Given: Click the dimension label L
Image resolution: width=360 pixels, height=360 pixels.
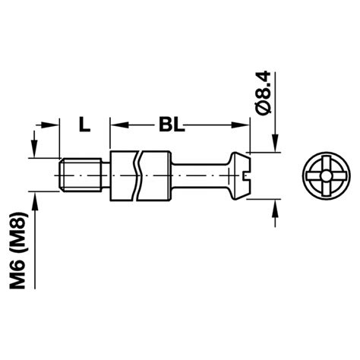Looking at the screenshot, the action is tap(84, 125).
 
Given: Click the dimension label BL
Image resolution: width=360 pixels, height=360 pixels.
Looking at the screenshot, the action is tap(172, 125).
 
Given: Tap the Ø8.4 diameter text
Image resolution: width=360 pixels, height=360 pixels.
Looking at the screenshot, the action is tap(262, 93).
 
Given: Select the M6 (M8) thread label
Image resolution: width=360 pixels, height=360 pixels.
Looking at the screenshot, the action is tap(17, 249).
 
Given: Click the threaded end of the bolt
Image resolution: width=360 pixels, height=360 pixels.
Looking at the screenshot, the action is tap(81, 175).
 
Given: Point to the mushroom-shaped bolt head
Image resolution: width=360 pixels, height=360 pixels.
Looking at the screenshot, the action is tap(239, 175).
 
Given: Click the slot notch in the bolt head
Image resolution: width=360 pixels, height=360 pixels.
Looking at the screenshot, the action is tap(246, 175).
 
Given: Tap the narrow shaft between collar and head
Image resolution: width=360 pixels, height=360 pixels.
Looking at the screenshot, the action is tap(200, 175).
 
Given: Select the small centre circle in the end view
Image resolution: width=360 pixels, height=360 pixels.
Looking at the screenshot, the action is tap(327, 175).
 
